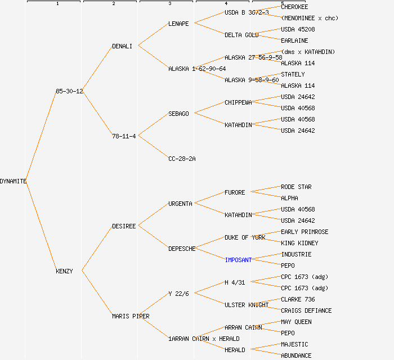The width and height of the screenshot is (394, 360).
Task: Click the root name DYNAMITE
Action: pyautogui.click(x=13, y=181)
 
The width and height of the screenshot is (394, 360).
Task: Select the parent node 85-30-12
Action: pyautogui.click(x=69, y=91)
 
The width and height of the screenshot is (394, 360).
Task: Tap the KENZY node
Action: pyautogui.click(x=64, y=271)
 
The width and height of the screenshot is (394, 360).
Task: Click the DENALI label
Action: pyautogui.click(x=122, y=46)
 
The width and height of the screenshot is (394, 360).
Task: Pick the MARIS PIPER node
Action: pyautogui.click(x=131, y=316)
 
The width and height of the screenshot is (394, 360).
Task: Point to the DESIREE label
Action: pyautogui.click(x=124, y=226)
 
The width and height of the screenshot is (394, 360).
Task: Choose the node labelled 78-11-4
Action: pyautogui.click(x=124, y=136)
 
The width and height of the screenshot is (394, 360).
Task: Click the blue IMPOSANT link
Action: pyautogui.click(x=238, y=260)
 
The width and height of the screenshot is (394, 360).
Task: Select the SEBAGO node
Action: pyautogui.click(x=178, y=114)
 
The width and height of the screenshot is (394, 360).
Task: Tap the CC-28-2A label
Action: pyautogui.click(x=182, y=159)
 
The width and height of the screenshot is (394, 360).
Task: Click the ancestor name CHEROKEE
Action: pyautogui.click(x=294, y=7)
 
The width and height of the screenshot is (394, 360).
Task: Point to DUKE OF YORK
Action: pyautogui.click(x=245, y=237)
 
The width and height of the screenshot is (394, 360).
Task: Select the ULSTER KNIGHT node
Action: pyautogui.click(x=247, y=305)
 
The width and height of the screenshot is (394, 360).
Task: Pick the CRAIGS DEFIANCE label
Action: pyautogui.click(x=306, y=310)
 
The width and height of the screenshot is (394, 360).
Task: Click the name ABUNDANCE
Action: pyautogui.click(x=296, y=355)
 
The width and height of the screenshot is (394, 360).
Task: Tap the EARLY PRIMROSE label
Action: pyautogui.click(x=305, y=232)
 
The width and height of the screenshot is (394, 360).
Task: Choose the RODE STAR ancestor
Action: pyautogui.click(x=296, y=187)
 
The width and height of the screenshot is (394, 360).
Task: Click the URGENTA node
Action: pyautogui.click(x=180, y=204)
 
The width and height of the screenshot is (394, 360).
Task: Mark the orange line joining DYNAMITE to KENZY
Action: pyautogui.click(x=41, y=226)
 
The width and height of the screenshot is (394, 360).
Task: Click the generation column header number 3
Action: pyautogui.click(x=169, y=4)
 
